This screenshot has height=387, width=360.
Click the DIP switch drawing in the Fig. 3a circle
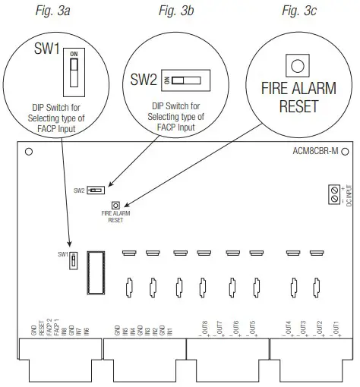tap(73, 71)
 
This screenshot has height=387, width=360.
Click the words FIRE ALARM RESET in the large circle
tap(298, 96)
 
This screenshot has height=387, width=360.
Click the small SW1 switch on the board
tap(73, 260)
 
